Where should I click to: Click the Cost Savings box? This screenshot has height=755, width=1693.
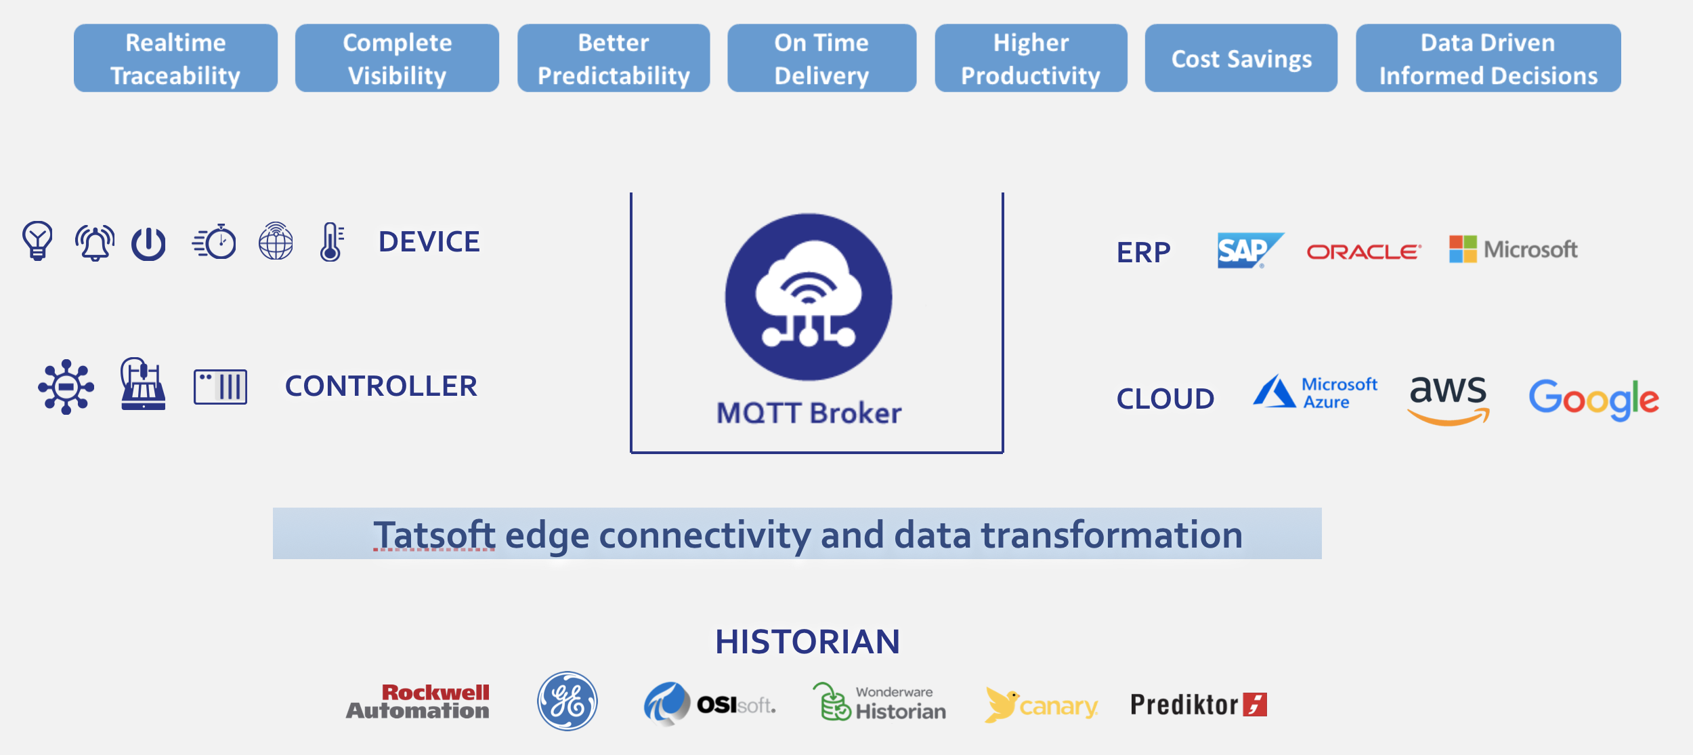click(x=1241, y=58)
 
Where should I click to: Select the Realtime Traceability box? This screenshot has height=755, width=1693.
click(x=175, y=58)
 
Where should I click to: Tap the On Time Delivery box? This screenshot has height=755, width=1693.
click(x=821, y=58)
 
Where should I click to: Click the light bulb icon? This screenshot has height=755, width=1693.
click(x=37, y=241)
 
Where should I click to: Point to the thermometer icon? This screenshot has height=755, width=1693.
click(x=331, y=242)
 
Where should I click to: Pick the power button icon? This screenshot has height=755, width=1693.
click(x=148, y=244)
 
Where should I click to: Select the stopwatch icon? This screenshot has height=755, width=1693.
click(x=215, y=241)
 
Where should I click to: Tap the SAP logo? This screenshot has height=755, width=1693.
click(x=1250, y=250)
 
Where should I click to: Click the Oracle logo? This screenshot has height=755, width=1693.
click(x=1364, y=252)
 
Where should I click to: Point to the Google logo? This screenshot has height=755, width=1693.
click(x=1593, y=399)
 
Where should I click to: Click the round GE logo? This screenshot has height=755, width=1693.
click(x=567, y=701)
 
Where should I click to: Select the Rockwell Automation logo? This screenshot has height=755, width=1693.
click(x=418, y=701)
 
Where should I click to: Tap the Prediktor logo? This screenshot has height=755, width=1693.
click(x=1199, y=705)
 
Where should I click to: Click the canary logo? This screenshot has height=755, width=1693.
click(x=1042, y=705)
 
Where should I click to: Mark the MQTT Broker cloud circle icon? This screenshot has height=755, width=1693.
click(x=809, y=297)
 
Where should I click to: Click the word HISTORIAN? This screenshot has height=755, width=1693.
click(x=807, y=642)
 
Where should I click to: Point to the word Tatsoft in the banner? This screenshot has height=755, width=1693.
click(x=434, y=535)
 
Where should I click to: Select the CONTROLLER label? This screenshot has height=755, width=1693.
click(x=381, y=386)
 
